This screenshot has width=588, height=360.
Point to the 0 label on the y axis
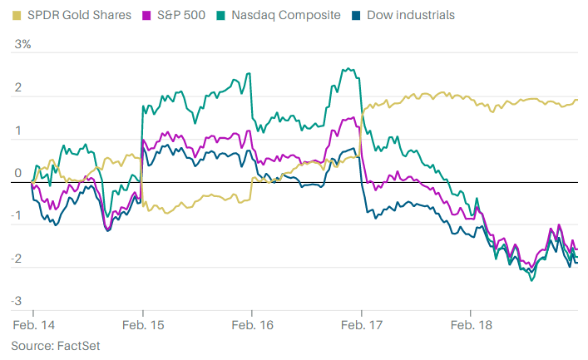(x=17, y=173)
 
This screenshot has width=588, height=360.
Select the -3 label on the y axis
(x=17, y=300)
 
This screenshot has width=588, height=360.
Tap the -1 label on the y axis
(x=17, y=215)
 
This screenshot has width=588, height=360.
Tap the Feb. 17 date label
(x=361, y=324)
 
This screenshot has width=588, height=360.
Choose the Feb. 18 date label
(x=471, y=324)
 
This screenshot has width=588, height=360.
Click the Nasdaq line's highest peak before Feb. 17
(x=343, y=69)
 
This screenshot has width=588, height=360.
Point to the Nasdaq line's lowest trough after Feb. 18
(x=531, y=280)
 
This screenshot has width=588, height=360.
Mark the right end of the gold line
(x=577, y=100)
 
